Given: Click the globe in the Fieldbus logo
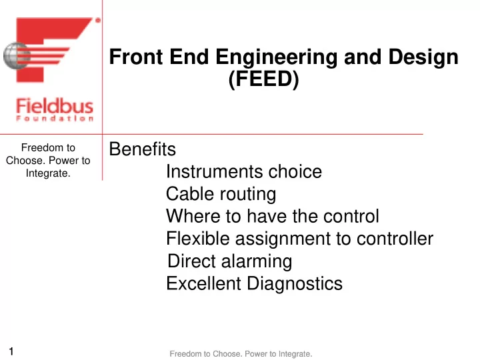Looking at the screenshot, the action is [17, 56].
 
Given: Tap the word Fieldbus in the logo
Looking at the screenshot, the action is [55, 106].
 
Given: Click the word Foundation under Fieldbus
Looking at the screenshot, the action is [55, 119].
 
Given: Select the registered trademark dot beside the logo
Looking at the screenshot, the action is [98, 20].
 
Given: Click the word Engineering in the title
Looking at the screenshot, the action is [276, 57].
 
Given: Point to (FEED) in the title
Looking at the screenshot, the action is [263, 79].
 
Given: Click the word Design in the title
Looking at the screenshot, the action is [423, 57].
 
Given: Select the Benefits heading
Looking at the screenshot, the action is [143, 149].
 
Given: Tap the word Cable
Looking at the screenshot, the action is [190, 194].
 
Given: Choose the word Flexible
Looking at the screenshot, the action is [198, 239].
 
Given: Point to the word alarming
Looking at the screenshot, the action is [257, 262].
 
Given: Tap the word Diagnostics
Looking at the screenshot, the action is [295, 284].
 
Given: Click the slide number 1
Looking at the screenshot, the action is [11, 351].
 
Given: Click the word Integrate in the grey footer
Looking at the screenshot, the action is [294, 354].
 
